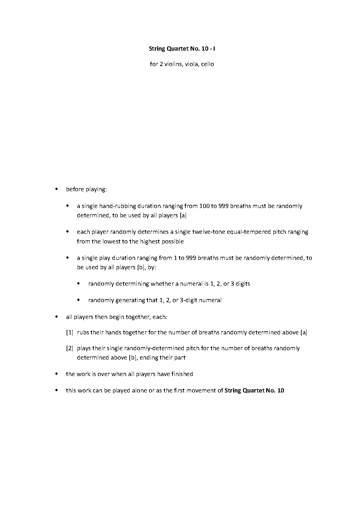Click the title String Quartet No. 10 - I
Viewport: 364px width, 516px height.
pyautogui.click(x=182, y=49)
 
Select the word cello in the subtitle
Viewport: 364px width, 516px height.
pyautogui.click(x=208, y=64)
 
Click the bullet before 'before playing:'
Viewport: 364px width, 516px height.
pyautogui.click(x=57, y=189)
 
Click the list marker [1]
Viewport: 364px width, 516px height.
pyautogui.click(x=70, y=332)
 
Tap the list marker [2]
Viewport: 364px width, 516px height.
pyautogui.click(x=70, y=348)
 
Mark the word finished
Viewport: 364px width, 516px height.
pyautogui.click(x=182, y=374)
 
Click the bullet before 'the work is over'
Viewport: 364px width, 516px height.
pyautogui.click(x=57, y=374)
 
